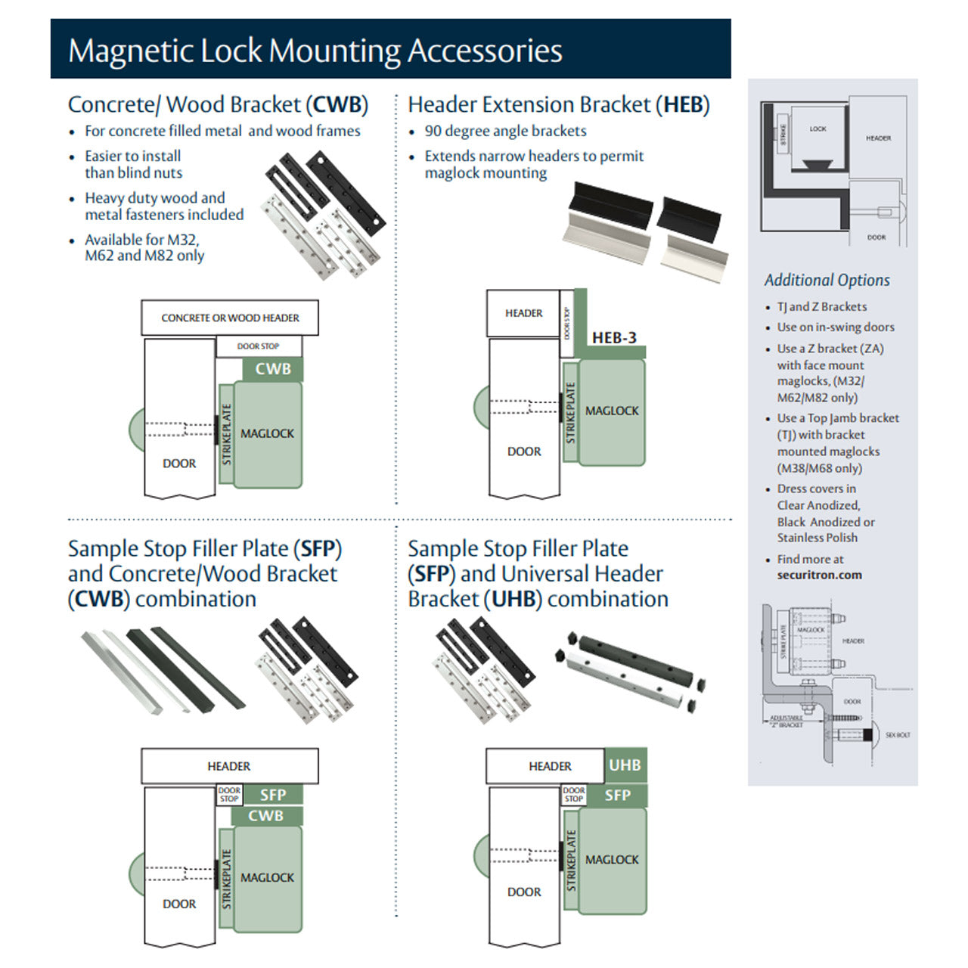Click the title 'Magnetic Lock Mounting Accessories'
coord(315,51)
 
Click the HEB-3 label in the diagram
coord(614,338)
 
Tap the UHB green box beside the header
coord(625,765)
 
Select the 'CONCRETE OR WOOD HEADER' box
coord(230,318)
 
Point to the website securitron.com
coord(819,575)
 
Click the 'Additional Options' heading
coord(827,280)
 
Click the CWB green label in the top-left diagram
coord(272,369)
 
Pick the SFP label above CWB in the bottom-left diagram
coord(272,795)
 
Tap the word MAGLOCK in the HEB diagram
coord(612,411)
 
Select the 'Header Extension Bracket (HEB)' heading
coord(558,104)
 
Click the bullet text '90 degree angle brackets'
coord(505,131)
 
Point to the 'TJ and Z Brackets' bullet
coord(822,306)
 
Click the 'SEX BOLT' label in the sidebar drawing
coord(898,735)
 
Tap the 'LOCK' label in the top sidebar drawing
coord(818,129)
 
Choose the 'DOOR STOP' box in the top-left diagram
coord(259,346)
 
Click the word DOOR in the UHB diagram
coord(524,892)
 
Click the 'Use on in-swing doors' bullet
coord(836,327)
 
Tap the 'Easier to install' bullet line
coord(132,156)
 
